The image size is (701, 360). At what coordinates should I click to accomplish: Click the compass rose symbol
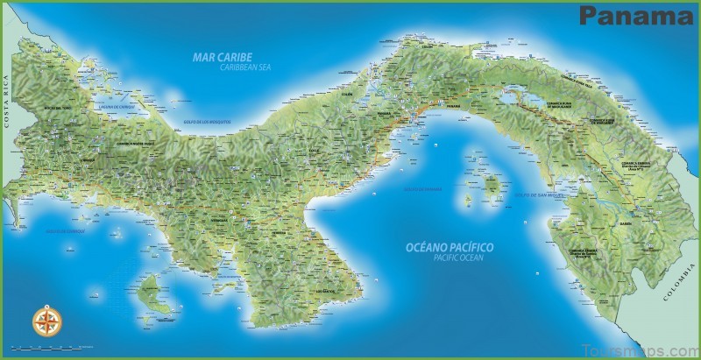click(x=43, y=321)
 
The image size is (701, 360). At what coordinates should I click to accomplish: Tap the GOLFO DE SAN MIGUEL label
click(x=535, y=194)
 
